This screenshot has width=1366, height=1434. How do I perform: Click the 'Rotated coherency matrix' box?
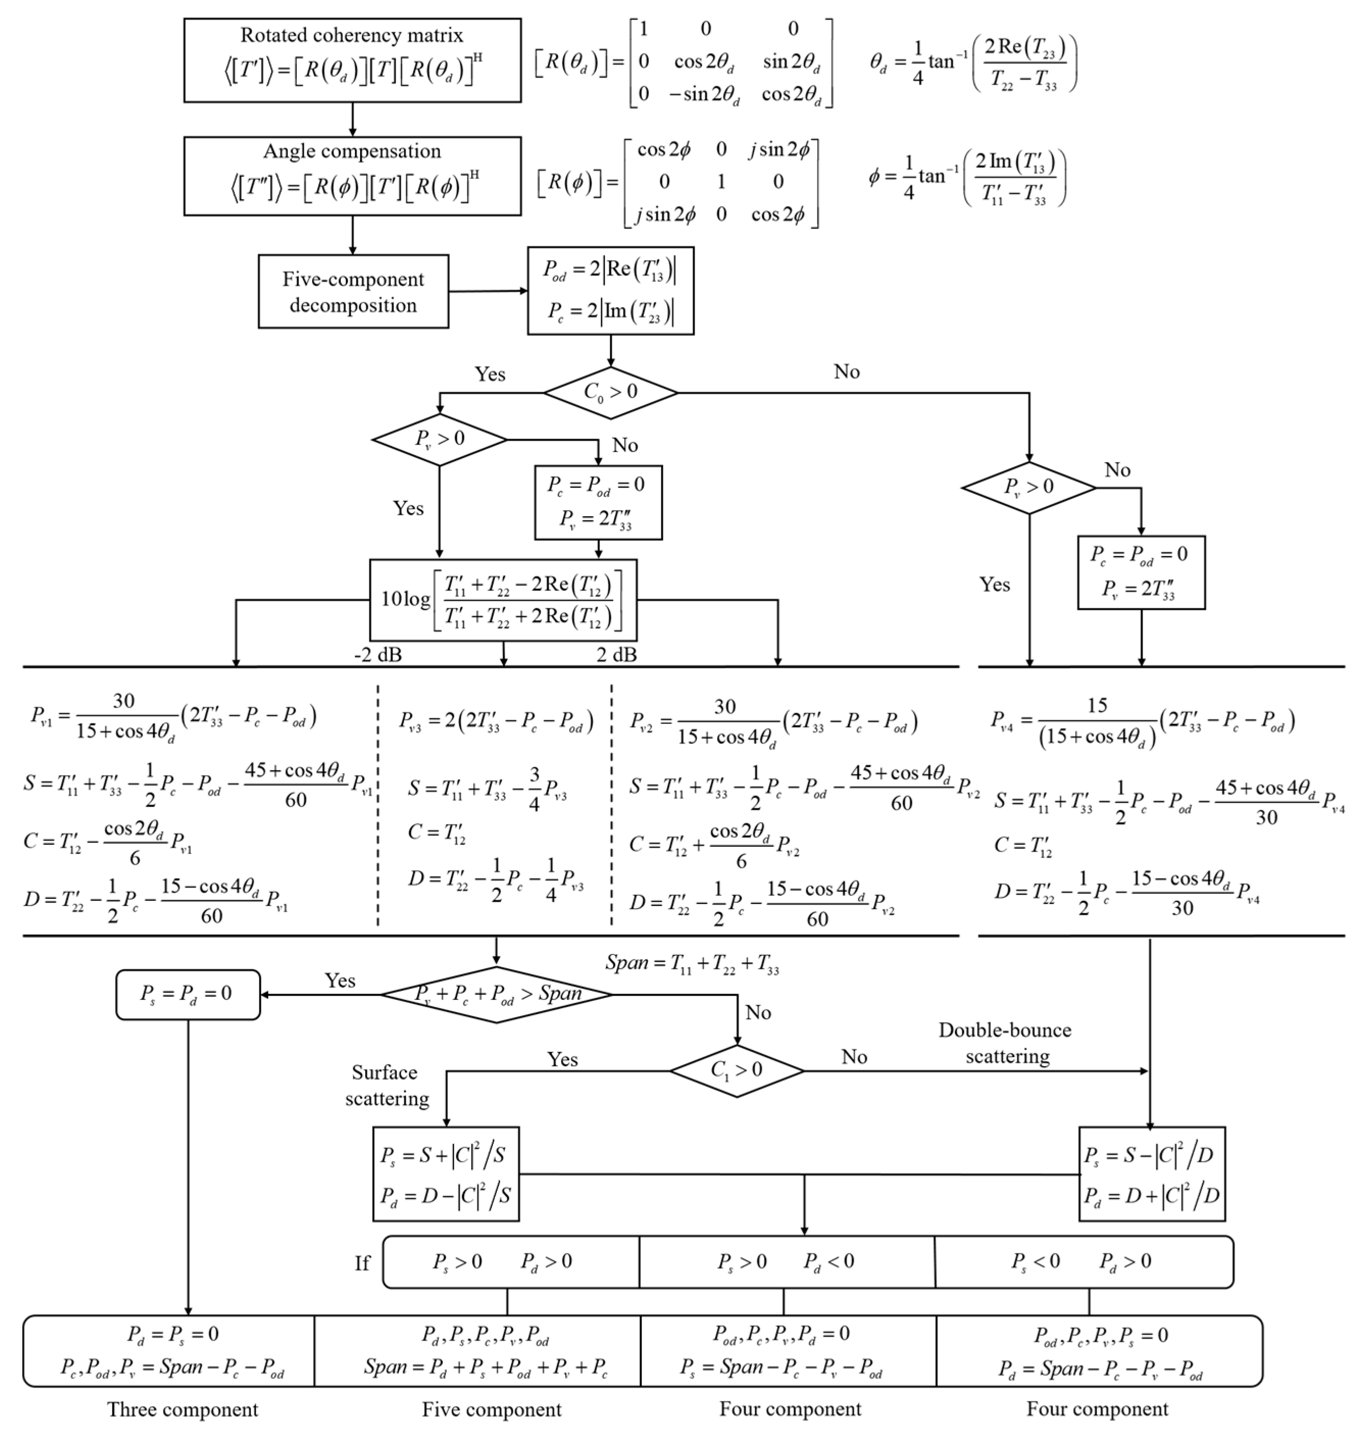(352, 60)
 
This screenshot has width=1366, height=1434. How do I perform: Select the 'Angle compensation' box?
(352, 175)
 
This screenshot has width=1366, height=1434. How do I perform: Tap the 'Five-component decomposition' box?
(353, 291)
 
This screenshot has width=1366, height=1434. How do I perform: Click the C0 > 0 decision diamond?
(610, 392)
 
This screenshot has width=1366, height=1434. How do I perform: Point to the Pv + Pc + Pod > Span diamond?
(496, 994)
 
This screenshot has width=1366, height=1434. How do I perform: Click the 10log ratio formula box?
(503, 600)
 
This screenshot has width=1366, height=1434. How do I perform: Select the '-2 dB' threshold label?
(378, 655)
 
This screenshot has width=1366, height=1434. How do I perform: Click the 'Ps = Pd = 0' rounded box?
(188, 994)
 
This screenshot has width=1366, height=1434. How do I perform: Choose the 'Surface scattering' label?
(386, 1085)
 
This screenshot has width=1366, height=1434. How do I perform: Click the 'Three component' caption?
(183, 1409)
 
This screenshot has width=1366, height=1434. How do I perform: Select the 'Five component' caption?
(492, 1409)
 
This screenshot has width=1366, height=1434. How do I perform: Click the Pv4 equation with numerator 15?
(1142, 720)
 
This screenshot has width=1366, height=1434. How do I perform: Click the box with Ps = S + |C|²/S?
(446, 1174)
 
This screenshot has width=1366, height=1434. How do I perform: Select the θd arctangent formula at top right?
(973, 63)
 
